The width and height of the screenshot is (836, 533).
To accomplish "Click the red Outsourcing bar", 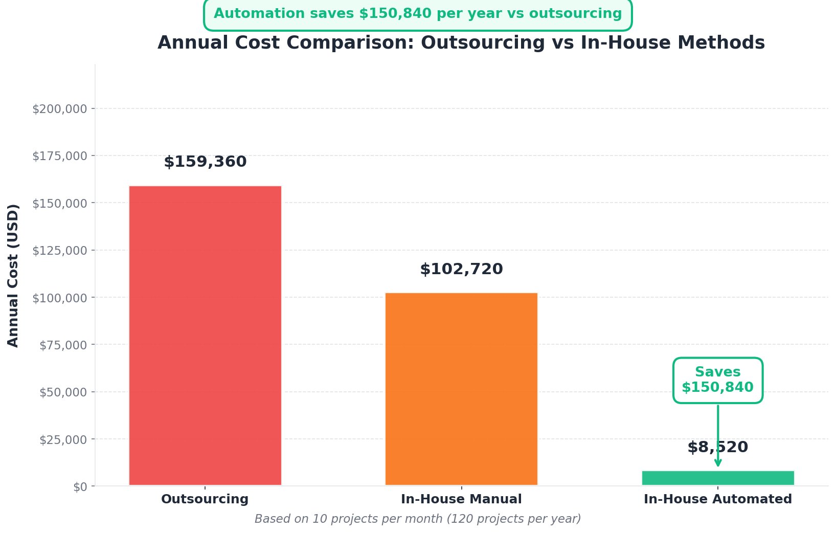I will pyautogui.click(x=205, y=335).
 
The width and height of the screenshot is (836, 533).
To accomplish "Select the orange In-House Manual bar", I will pyautogui.click(x=461, y=389).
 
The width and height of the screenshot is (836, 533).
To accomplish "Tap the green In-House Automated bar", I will pyautogui.click(x=718, y=478).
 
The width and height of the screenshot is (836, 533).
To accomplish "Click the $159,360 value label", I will pyautogui.click(x=205, y=162).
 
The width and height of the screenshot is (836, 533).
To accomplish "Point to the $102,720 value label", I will pyautogui.click(x=461, y=269).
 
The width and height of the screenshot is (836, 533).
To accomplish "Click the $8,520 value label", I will pyautogui.click(x=717, y=447).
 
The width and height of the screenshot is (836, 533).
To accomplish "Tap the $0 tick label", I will pyautogui.click(x=80, y=487).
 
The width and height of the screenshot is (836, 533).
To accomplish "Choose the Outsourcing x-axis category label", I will pyautogui.click(x=205, y=499).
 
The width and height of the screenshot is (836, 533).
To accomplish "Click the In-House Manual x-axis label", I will pyautogui.click(x=461, y=499).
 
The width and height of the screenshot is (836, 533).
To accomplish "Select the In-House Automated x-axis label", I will pyautogui.click(x=717, y=499).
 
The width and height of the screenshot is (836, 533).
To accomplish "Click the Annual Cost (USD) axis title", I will pyautogui.click(x=13, y=275).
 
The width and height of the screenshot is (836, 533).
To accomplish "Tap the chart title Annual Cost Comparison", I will pyautogui.click(x=461, y=42).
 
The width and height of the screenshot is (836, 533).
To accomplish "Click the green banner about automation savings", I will pyautogui.click(x=418, y=14).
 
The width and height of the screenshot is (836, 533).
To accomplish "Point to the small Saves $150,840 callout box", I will pyautogui.click(x=717, y=380).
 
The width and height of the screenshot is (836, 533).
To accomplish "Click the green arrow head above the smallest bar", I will pyautogui.click(x=718, y=463).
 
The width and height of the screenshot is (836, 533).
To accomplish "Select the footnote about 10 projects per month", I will pyautogui.click(x=418, y=519).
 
